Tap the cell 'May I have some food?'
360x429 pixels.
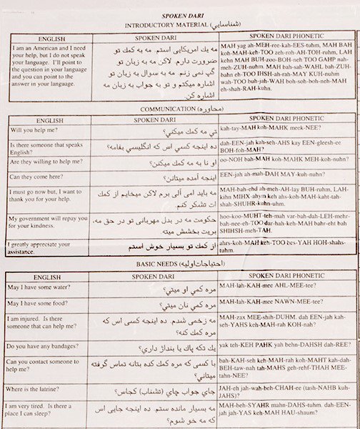pyautogui.click(x=44, y=303)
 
